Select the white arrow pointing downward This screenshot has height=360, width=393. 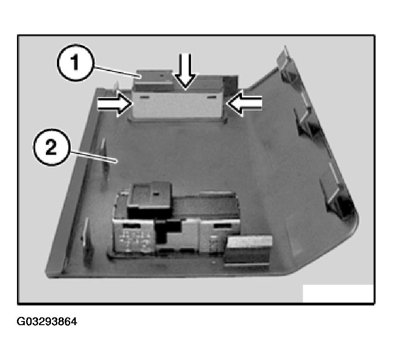pos(185,70)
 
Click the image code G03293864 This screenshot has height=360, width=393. pos(47,321)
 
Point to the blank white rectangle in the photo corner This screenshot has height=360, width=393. pos(338,293)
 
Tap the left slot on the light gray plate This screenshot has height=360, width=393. pos(144,97)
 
